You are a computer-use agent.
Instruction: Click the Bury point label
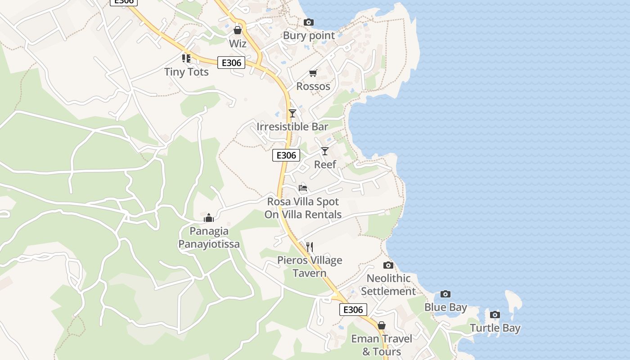[x=309, y=36]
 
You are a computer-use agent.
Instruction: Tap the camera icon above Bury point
[x=308, y=22]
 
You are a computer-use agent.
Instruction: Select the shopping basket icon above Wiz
[x=238, y=30]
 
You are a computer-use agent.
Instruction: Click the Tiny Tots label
[x=186, y=72]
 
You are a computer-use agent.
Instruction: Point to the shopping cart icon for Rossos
[x=313, y=73]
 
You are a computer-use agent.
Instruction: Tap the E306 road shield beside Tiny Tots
[x=231, y=63]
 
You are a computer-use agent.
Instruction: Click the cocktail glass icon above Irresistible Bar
[x=292, y=113]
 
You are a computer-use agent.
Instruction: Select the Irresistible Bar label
[x=292, y=126]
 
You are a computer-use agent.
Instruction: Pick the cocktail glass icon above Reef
[x=325, y=151]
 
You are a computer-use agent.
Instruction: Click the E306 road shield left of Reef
[x=286, y=155]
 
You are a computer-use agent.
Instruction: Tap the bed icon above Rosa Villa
[x=303, y=188]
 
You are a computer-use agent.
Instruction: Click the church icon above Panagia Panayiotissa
[x=209, y=218]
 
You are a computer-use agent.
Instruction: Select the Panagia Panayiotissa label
[x=209, y=238]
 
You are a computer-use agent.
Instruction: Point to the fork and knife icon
[x=309, y=247]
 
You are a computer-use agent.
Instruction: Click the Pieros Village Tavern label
[x=310, y=266]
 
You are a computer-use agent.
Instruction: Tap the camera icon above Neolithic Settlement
[x=388, y=265]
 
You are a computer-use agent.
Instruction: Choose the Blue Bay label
[x=445, y=307]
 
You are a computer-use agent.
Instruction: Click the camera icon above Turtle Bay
[x=495, y=315]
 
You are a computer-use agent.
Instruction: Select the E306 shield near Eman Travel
[x=353, y=309]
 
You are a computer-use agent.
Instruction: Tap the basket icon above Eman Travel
[x=382, y=325]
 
